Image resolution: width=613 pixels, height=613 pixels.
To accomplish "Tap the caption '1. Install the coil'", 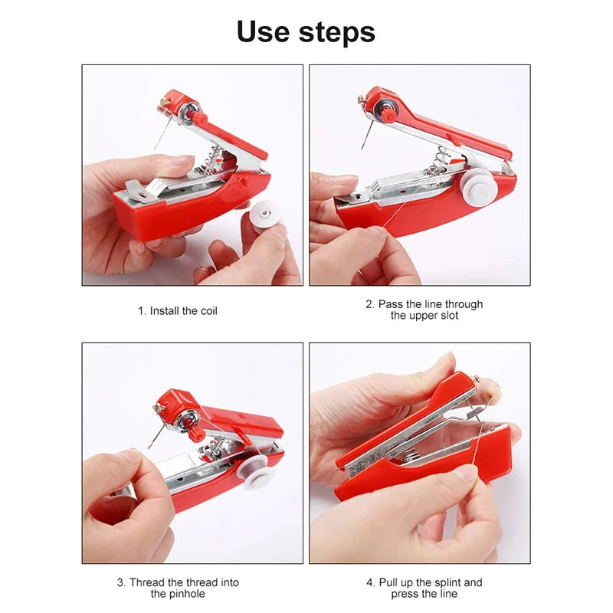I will point(178,311).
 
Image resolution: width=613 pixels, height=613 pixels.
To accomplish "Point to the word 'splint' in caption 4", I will point(448,582).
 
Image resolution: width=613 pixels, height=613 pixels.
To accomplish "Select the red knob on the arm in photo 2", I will point(389,115).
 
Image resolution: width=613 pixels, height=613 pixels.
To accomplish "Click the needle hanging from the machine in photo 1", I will point(159,134).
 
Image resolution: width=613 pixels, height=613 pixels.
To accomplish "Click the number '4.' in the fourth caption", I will point(371,582).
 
